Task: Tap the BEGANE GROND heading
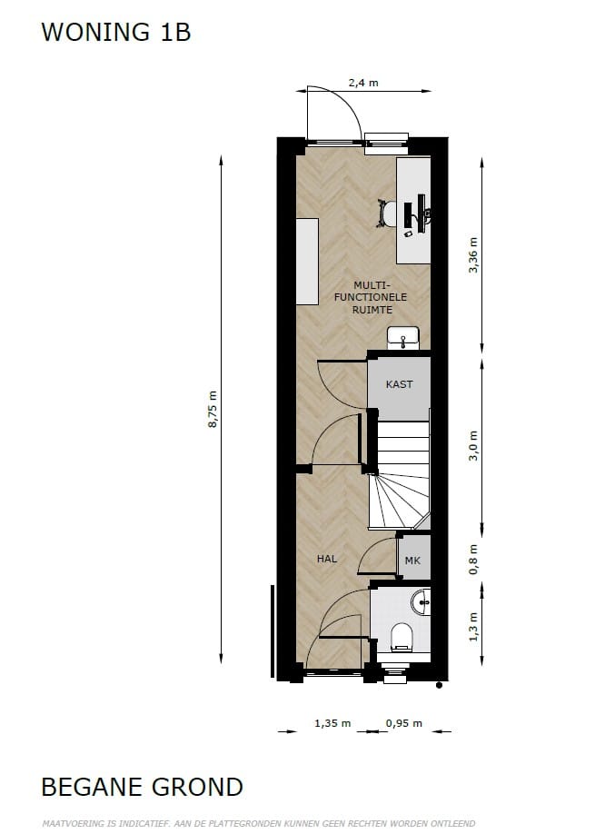(142, 787)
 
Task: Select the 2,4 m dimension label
(363, 83)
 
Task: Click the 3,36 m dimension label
(472, 255)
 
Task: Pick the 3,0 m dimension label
(472, 446)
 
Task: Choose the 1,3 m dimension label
(472, 626)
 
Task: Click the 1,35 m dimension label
(332, 724)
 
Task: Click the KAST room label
(399, 384)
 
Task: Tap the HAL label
(327, 559)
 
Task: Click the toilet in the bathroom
(402, 638)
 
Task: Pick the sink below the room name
(402, 338)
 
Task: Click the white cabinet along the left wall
(307, 261)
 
